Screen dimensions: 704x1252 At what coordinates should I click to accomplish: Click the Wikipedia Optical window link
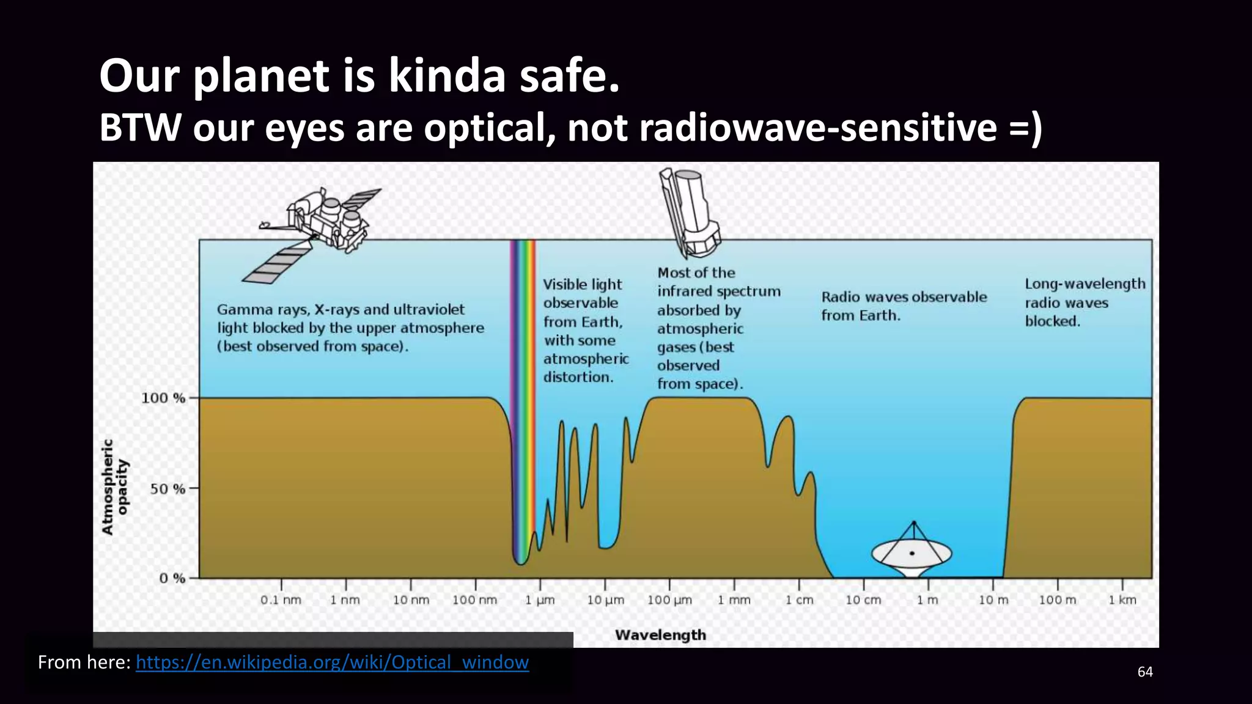click(332, 662)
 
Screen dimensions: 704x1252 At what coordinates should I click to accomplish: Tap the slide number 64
click(1145, 672)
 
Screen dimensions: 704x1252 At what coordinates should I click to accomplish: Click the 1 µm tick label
click(540, 600)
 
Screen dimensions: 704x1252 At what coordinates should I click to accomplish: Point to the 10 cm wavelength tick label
click(863, 600)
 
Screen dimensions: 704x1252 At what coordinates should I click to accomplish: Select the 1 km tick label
click(1122, 600)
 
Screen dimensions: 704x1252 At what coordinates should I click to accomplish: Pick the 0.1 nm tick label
click(281, 600)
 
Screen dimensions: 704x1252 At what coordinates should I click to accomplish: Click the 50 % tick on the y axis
click(168, 489)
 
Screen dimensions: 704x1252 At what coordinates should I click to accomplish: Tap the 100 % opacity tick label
click(163, 398)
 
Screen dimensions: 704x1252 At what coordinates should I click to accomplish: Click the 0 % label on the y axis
click(172, 578)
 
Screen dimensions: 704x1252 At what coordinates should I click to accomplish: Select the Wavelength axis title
click(660, 635)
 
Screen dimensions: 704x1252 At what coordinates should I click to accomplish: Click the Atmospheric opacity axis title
click(115, 487)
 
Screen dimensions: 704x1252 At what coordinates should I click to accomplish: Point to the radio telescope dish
click(911, 552)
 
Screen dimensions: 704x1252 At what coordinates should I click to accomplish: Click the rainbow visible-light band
click(523, 397)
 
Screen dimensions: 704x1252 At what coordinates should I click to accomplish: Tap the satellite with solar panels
click(318, 232)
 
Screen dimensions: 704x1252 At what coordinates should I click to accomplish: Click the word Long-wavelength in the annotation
click(1085, 284)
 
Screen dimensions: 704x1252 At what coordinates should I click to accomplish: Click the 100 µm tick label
click(669, 600)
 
